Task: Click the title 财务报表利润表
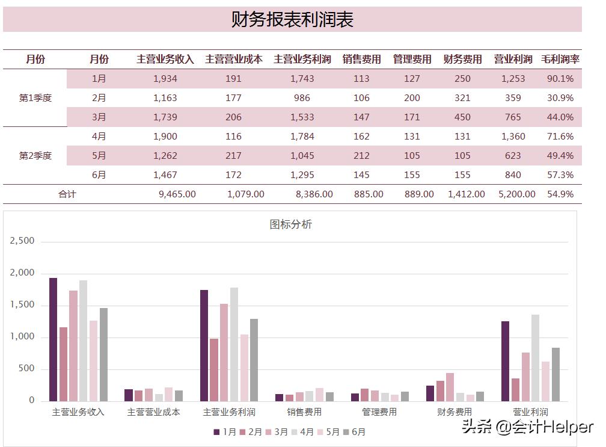pos(292,19)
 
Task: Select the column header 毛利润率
pos(560,60)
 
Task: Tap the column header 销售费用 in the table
pos(361,60)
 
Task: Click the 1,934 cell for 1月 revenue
pos(165,79)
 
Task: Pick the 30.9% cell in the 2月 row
pos(560,98)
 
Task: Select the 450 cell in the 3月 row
pos(462,117)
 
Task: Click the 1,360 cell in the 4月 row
pos(513,137)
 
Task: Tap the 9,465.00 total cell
pos(177,194)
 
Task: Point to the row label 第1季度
pos(35,98)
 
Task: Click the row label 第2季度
pos(35,156)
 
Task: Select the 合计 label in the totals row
pos(67,194)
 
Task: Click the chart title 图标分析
pos(290,225)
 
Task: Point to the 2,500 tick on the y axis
pos(23,241)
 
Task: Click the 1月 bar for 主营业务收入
pos(54,339)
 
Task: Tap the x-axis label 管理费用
pos(379,412)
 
